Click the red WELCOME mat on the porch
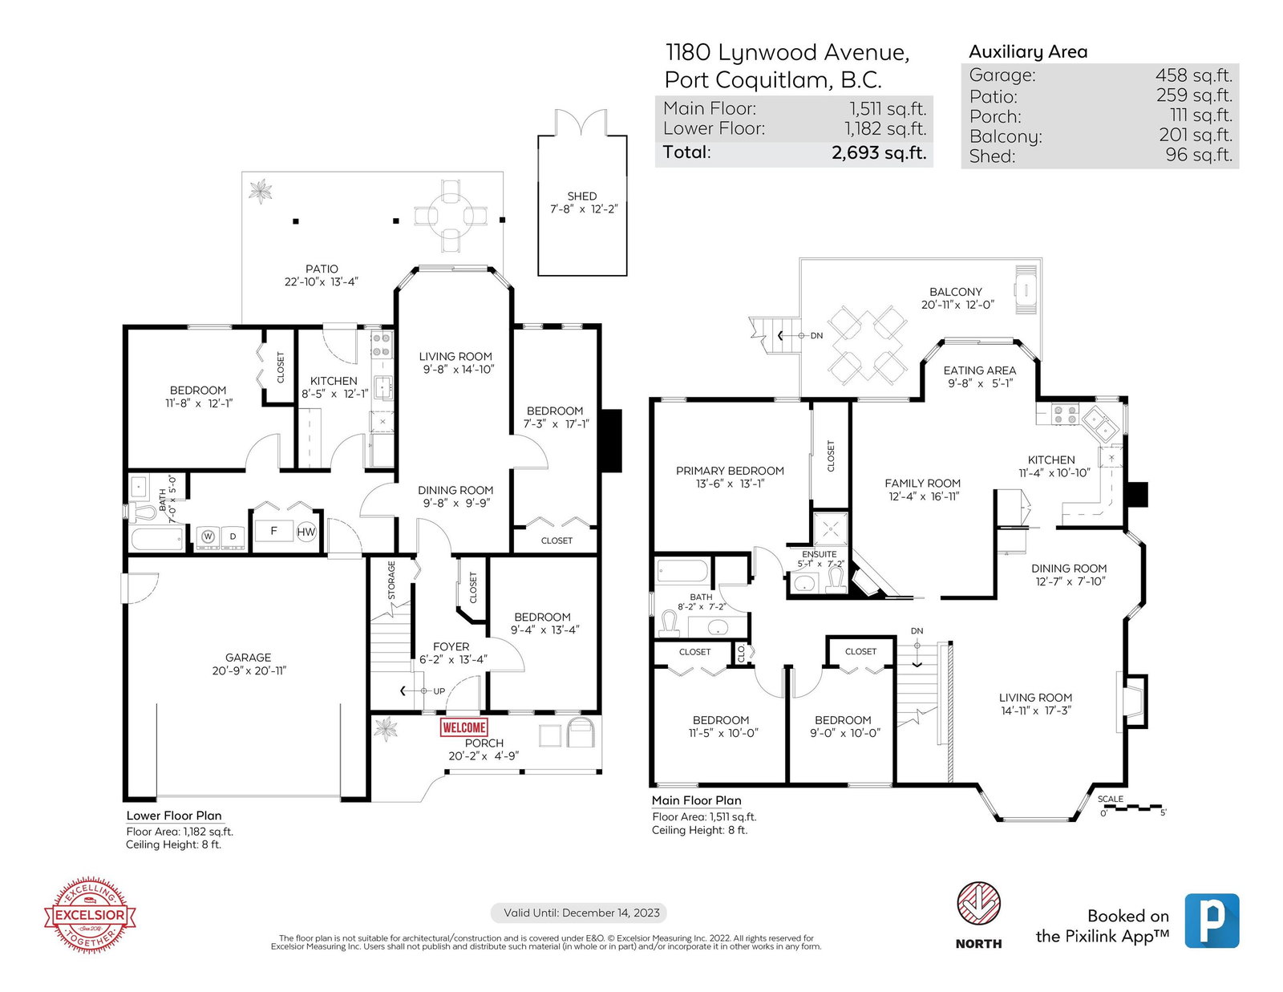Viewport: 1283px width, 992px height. (x=463, y=727)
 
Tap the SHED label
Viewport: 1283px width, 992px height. (x=581, y=196)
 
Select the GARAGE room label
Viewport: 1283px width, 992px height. (x=248, y=658)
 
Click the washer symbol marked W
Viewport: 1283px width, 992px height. (x=208, y=536)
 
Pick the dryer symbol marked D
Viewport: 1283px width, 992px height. (x=233, y=536)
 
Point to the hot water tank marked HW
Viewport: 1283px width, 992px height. (x=306, y=532)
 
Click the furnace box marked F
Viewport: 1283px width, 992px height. (x=274, y=531)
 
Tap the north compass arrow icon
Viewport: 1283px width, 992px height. (x=978, y=904)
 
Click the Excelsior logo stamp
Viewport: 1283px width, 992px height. (x=90, y=915)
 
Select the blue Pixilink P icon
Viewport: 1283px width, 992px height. (x=1212, y=921)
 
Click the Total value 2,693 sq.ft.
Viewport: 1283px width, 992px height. (x=879, y=152)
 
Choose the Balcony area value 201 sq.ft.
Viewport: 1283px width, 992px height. (x=1196, y=136)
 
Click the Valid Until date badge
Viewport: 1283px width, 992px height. (x=579, y=913)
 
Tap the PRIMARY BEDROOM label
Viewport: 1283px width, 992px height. (x=730, y=471)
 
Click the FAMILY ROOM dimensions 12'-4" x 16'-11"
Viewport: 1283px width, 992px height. (x=924, y=496)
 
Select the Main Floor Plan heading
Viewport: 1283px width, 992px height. (x=696, y=800)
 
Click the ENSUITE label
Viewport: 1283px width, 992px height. (x=819, y=554)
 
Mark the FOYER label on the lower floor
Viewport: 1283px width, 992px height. (x=451, y=646)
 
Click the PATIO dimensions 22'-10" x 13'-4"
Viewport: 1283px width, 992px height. (x=322, y=281)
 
